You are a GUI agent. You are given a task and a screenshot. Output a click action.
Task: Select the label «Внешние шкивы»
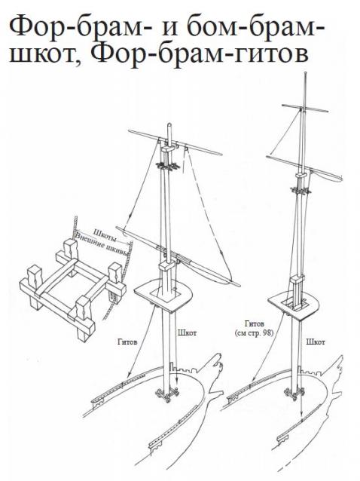click(101, 245)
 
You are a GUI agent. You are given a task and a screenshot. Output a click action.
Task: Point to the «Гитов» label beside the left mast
click(127, 342)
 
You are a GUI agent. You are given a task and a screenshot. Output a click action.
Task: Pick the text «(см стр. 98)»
click(254, 332)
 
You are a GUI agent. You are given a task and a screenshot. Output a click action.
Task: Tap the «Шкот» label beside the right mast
click(316, 342)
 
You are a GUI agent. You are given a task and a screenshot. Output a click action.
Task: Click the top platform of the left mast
click(163, 295)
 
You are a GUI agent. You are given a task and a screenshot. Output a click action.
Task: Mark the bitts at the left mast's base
click(167, 394)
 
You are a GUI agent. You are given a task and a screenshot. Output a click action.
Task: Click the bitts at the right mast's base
click(294, 394)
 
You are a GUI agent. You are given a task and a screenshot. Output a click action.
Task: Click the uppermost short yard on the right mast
click(305, 108)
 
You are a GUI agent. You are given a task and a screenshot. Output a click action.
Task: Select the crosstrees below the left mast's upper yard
click(167, 166)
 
